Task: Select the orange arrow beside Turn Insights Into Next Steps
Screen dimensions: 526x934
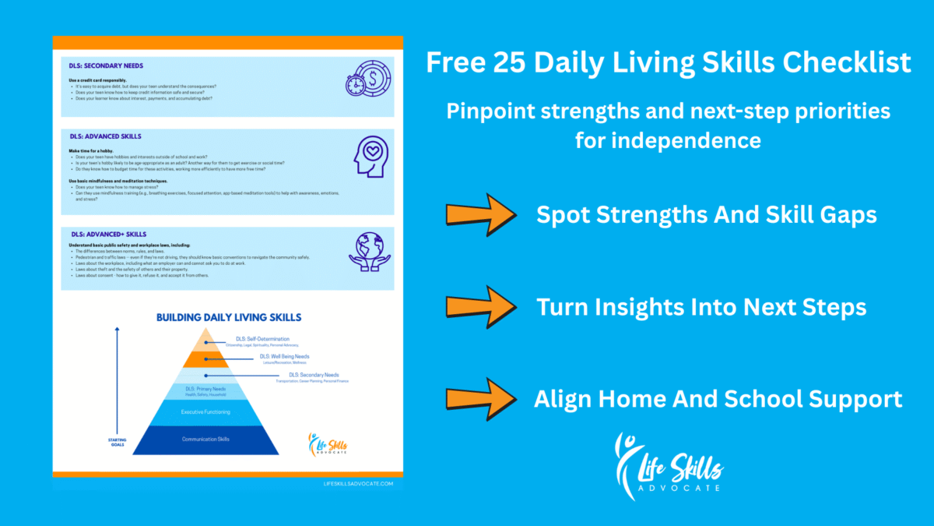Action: (480, 306)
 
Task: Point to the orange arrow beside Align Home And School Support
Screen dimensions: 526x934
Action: (480, 398)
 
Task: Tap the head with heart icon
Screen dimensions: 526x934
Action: (370, 158)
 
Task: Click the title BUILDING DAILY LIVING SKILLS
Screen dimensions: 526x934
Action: (229, 317)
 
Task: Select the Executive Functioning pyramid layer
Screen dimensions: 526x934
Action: (205, 411)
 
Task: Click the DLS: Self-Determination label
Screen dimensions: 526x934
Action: (262, 339)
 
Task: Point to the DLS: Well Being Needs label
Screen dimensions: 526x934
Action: (284, 356)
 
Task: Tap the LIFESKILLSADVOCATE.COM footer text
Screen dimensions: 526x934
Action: (358, 483)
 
